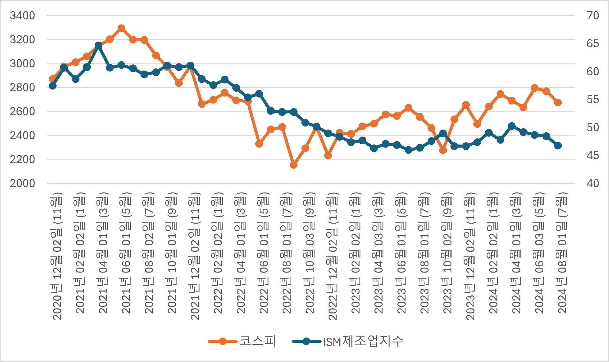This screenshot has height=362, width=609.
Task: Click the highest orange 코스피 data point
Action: pyautogui.click(x=121, y=28)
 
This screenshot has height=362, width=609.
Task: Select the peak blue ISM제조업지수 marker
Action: pyautogui.click(x=98, y=46)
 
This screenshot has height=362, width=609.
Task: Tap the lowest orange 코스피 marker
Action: pyautogui.click(x=294, y=165)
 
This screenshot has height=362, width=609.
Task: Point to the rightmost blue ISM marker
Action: pyautogui.click(x=558, y=146)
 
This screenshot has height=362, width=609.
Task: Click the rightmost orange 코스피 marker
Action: pyautogui.click(x=558, y=103)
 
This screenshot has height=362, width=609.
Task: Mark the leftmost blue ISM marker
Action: pyautogui.click(x=53, y=86)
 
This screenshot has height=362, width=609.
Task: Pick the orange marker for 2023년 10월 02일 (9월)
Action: pyautogui.click(x=443, y=150)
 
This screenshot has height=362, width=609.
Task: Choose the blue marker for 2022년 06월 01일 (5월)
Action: pyautogui.click(x=259, y=94)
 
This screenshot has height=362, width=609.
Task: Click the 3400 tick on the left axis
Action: pyautogui.click(x=22, y=16)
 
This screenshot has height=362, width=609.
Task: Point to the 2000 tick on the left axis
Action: pyautogui.click(x=22, y=184)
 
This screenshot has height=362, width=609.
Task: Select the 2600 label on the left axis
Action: pyautogui.click(x=22, y=112)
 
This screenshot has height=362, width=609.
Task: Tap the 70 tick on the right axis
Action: pyautogui.click(x=593, y=16)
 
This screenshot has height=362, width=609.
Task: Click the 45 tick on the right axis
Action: pyautogui.click(x=593, y=156)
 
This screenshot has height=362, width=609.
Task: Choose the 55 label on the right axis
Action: pyautogui.click(x=593, y=100)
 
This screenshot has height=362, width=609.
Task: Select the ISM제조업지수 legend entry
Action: pyautogui.click(x=348, y=341)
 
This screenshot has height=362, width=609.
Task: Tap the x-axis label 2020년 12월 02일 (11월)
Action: pyautogui.click(x=57, y=256)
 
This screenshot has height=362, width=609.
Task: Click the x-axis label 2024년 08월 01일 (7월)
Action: pyautogui.click(x=562, y=253)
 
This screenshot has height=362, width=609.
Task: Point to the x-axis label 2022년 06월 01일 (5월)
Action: pyautogui.click(x=264, y=253)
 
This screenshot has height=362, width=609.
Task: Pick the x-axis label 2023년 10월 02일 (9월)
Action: pyautogui.click(x=447, y=253)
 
